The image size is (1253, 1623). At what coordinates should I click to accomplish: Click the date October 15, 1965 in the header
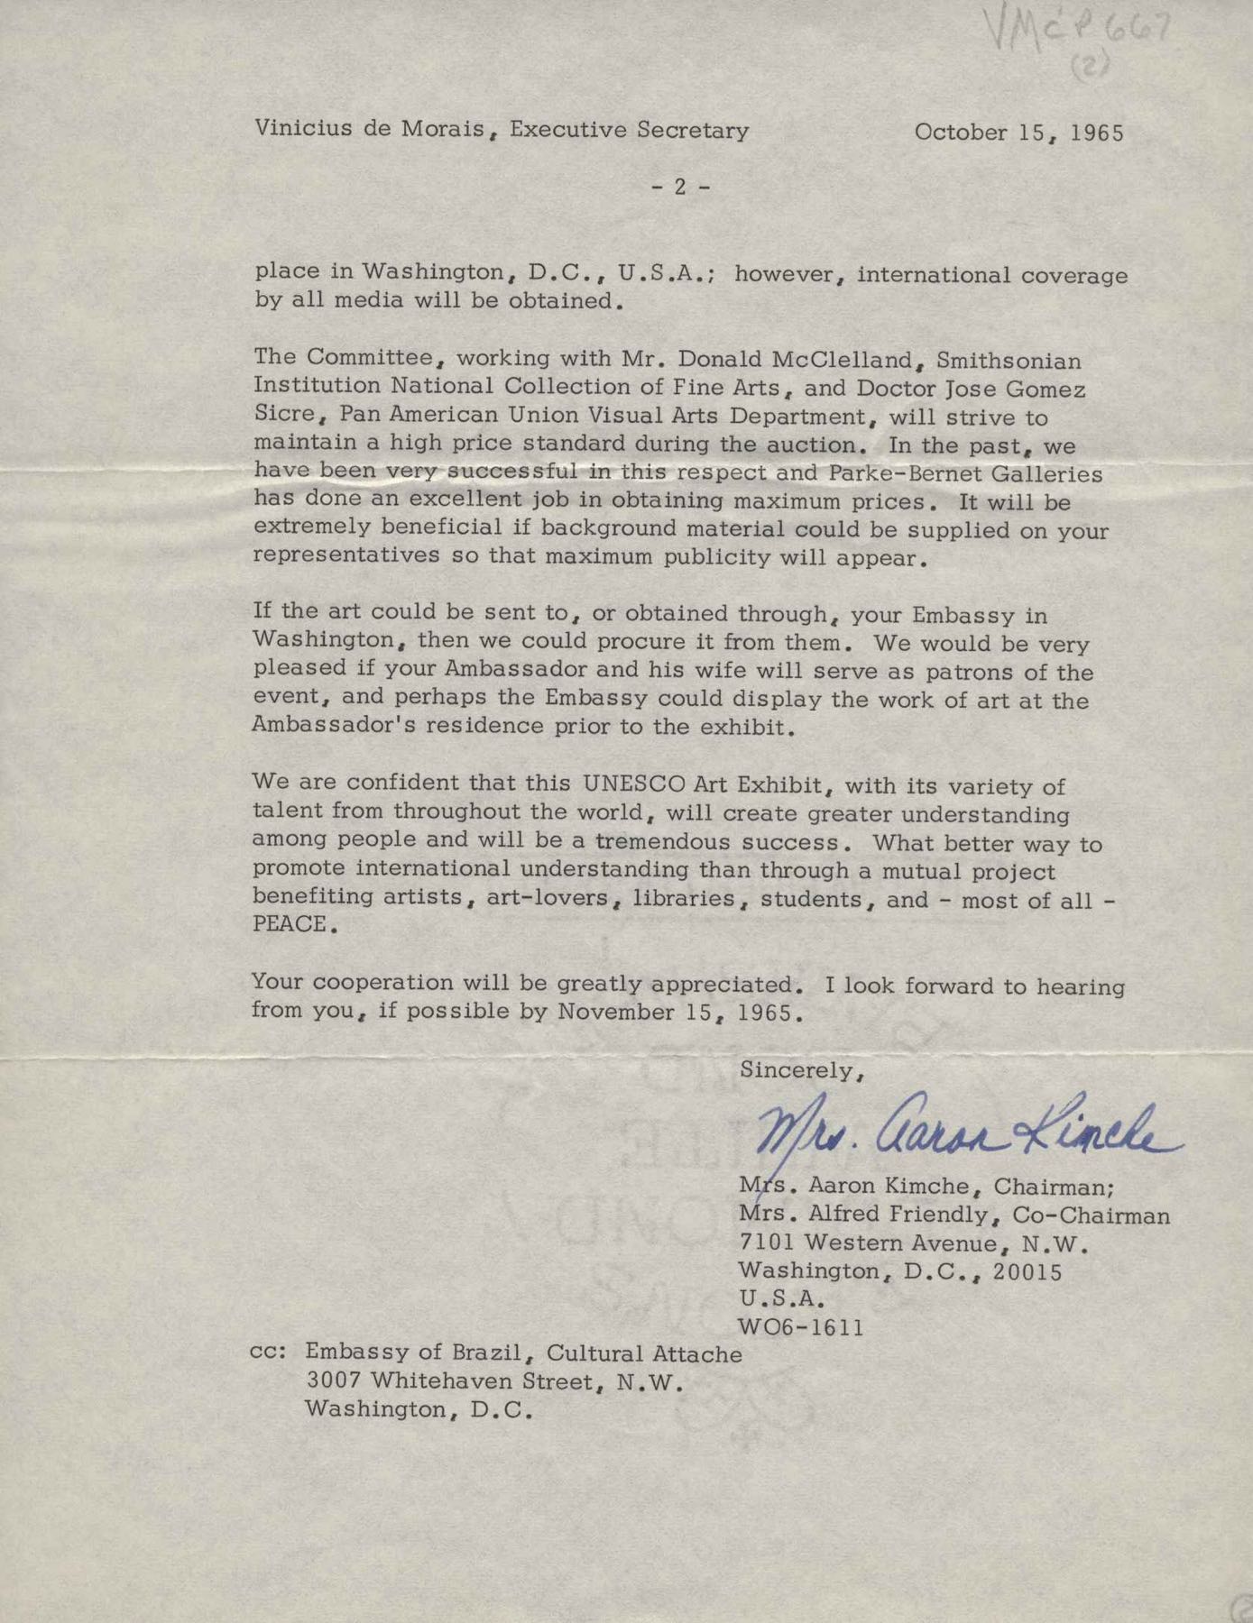click(1018, 133)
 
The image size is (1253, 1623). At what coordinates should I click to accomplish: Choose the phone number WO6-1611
click(801, 1327)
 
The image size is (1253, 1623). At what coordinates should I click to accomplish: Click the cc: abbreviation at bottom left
click(270, 1353)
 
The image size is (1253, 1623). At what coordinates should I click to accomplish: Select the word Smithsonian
click(1009, 362)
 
